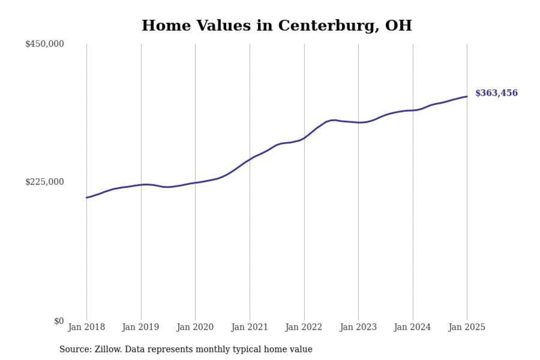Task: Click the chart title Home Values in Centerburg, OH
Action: click(x=277, y=25)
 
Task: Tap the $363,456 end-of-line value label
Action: click(x=496, y=93)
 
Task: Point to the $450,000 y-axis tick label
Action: click(x=45, y=44)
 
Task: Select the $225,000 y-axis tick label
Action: click(x=45, y=182)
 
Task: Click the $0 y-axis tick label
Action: click(x=59, y=321)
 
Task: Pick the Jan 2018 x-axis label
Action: click(x=86, y=327)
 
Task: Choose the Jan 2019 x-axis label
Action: click(x=141, y=327)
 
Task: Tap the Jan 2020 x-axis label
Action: click(x=195, y=327)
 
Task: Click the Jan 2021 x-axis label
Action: click(x=249, y=327)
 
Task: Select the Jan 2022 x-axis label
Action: click(x=304, y=327)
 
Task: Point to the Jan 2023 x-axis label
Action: click(x=358, y=327)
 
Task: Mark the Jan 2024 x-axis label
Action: click(x=412, y=327)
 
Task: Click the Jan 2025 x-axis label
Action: click(x=467, y=327)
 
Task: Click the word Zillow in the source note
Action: click(x=108, y=349)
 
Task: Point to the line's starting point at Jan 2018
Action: click(x=87, y=198)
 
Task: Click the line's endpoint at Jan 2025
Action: click(x=467, y=96)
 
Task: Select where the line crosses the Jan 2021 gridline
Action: click(x=250, y=159)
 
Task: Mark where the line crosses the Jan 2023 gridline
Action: click(x=358, y=123)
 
